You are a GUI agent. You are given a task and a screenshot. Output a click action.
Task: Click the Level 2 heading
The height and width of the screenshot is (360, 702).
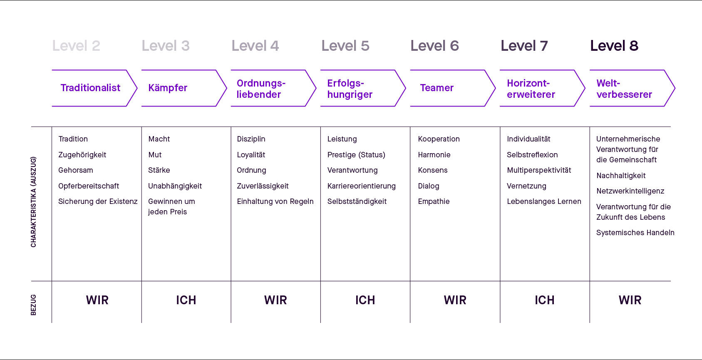coord(76,46)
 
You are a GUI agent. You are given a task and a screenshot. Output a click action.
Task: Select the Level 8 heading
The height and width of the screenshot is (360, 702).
coord(614,46)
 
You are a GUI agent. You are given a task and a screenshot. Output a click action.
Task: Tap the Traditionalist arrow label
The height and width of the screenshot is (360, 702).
coord(90,88)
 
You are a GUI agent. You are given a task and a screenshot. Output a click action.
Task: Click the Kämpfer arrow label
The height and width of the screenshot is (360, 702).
coord(168,88)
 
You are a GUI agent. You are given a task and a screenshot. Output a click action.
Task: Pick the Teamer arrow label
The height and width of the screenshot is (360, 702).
coord(437,88)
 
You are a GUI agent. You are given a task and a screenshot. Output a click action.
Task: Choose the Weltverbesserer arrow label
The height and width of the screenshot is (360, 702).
coord(624,89)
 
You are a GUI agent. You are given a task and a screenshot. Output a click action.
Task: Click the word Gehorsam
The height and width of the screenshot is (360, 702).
coord(76,170)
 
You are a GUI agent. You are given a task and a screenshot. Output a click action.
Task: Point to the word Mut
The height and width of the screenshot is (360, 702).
coord(155,155)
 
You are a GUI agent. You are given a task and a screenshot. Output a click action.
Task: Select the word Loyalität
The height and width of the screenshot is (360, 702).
coord(251,155)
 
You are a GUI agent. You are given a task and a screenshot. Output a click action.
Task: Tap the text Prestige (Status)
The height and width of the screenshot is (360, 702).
coord(356,155)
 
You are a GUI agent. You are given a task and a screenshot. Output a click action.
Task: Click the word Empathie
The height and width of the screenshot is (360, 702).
coord(434,201)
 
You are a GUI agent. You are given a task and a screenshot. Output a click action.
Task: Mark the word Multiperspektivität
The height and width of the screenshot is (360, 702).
coord(539,170)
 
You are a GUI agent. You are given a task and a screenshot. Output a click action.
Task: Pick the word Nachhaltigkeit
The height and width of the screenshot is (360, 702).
coord(621,176)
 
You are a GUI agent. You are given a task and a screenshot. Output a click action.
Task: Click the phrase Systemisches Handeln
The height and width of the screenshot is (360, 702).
coord(635,233)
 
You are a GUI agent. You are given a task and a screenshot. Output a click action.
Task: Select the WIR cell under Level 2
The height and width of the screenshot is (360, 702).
coord(97,300)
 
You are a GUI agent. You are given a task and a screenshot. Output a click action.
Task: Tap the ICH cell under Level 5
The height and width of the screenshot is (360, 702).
coord(365,300)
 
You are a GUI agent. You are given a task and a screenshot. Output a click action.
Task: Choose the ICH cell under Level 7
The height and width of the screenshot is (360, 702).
coord(544,300)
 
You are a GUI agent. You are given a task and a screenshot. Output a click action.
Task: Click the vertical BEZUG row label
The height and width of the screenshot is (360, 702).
coord(33,305)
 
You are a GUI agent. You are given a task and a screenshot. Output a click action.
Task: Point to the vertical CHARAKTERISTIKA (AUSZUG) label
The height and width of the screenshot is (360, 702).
coord(33,202)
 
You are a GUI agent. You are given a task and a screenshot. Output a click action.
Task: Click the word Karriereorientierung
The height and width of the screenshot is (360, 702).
coord(361,186)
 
